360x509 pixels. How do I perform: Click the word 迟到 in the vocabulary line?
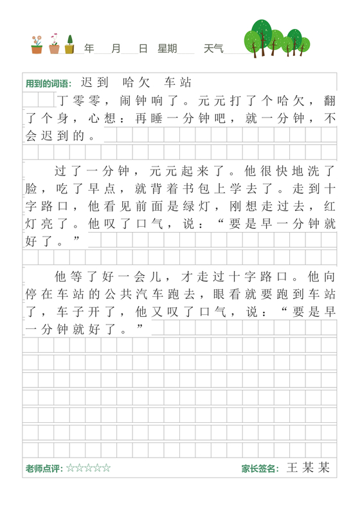(x=95, y=83)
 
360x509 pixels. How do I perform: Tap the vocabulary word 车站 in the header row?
(x=178, y=83)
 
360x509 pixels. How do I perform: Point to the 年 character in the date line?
(x=89, y=48)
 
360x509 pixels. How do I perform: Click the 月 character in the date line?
(x=116, y=48)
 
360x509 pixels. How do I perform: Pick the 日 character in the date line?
(x=143, y=48)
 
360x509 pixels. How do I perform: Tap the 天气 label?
(x=214, y=48)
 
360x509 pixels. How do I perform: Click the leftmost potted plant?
(x=37, y=44)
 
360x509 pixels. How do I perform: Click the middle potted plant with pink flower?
(x=54, y=43)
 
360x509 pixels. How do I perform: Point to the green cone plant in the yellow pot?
(x=69, y=44)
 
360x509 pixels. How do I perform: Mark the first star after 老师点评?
(x=70, y=469)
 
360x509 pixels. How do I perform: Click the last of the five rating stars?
(x=107, y=469)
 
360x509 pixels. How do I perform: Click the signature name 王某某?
(x=308, y=468)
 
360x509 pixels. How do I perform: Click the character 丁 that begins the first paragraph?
(x=62, y=101)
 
